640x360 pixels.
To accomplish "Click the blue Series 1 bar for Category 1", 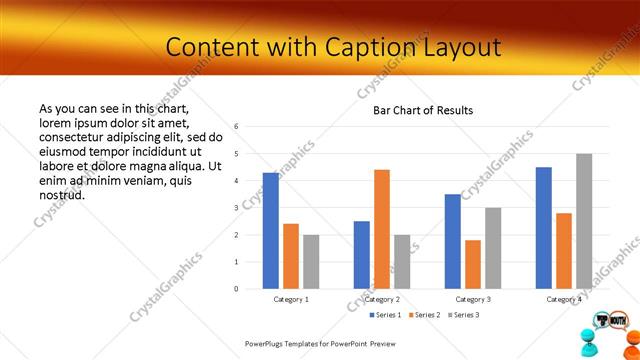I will (271, 231).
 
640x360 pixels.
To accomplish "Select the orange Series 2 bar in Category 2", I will (382, 229).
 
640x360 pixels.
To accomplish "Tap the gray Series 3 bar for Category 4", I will (584, 221).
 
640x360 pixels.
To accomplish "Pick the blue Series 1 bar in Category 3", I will (453, 241).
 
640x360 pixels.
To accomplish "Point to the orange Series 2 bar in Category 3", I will (473, 264).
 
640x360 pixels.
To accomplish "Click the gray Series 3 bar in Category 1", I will (311, 262).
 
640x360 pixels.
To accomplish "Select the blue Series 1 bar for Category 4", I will (544, 228).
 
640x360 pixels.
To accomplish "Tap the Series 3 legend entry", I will (466, 315).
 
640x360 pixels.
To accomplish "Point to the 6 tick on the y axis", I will (236, 127).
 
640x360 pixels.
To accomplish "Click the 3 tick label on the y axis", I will (236, 208).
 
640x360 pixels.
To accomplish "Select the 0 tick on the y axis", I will (236, 289).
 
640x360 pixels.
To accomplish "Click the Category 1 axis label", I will (291, 299).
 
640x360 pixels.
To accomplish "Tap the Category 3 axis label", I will (473, 299).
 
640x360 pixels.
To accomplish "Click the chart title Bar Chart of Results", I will (423, 110).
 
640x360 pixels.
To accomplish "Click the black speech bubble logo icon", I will (611, 321).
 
